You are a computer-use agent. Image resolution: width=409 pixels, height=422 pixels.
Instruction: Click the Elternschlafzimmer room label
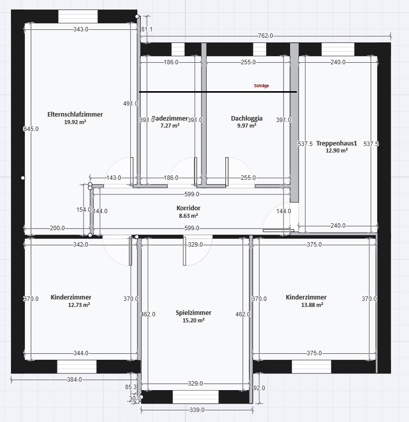[75, 114]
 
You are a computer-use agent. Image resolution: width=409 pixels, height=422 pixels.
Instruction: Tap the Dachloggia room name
[246, 119]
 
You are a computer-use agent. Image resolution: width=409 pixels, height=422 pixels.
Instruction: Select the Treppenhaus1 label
[336, 143]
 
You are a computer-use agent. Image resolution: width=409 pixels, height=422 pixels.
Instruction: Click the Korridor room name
[188, 208]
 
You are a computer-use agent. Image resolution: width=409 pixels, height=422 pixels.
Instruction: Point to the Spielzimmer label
[194, 312]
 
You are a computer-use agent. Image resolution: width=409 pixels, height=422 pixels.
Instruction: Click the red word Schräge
[261, 86]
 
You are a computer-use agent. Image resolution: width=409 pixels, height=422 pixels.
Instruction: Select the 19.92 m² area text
[75, 122]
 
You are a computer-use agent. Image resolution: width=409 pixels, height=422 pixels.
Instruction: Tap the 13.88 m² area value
[306, 305]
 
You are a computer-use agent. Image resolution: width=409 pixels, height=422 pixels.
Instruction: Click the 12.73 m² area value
[79, 305]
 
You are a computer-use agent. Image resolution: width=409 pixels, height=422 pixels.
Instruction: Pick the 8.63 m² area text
[188, 216]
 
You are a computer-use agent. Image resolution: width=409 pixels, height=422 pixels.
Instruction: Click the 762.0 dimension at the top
[265, 36]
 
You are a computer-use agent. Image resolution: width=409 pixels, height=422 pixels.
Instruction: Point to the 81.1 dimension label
[147, 29]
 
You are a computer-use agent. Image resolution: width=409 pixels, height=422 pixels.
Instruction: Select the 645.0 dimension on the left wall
[31, 129]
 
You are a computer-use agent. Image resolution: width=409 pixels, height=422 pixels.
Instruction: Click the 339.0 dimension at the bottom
[197, 410]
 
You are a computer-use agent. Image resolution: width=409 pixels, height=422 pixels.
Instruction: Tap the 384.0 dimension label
[74, 380]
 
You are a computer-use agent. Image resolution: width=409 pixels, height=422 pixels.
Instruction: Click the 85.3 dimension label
[131, 387]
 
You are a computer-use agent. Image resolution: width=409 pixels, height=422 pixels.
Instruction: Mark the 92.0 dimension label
[259, 388]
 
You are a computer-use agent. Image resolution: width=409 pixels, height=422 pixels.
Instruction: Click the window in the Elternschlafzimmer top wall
[78, 16]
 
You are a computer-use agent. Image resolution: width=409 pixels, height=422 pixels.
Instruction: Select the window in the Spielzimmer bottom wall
[196, 397]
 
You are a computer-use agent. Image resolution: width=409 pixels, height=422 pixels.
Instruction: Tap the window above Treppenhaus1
[338, 49]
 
